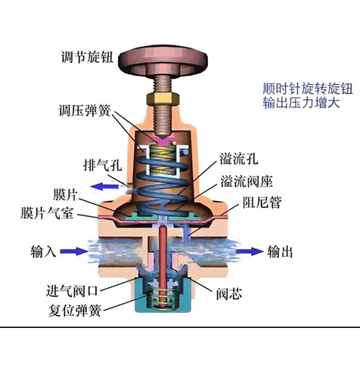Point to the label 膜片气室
(47, 213)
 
